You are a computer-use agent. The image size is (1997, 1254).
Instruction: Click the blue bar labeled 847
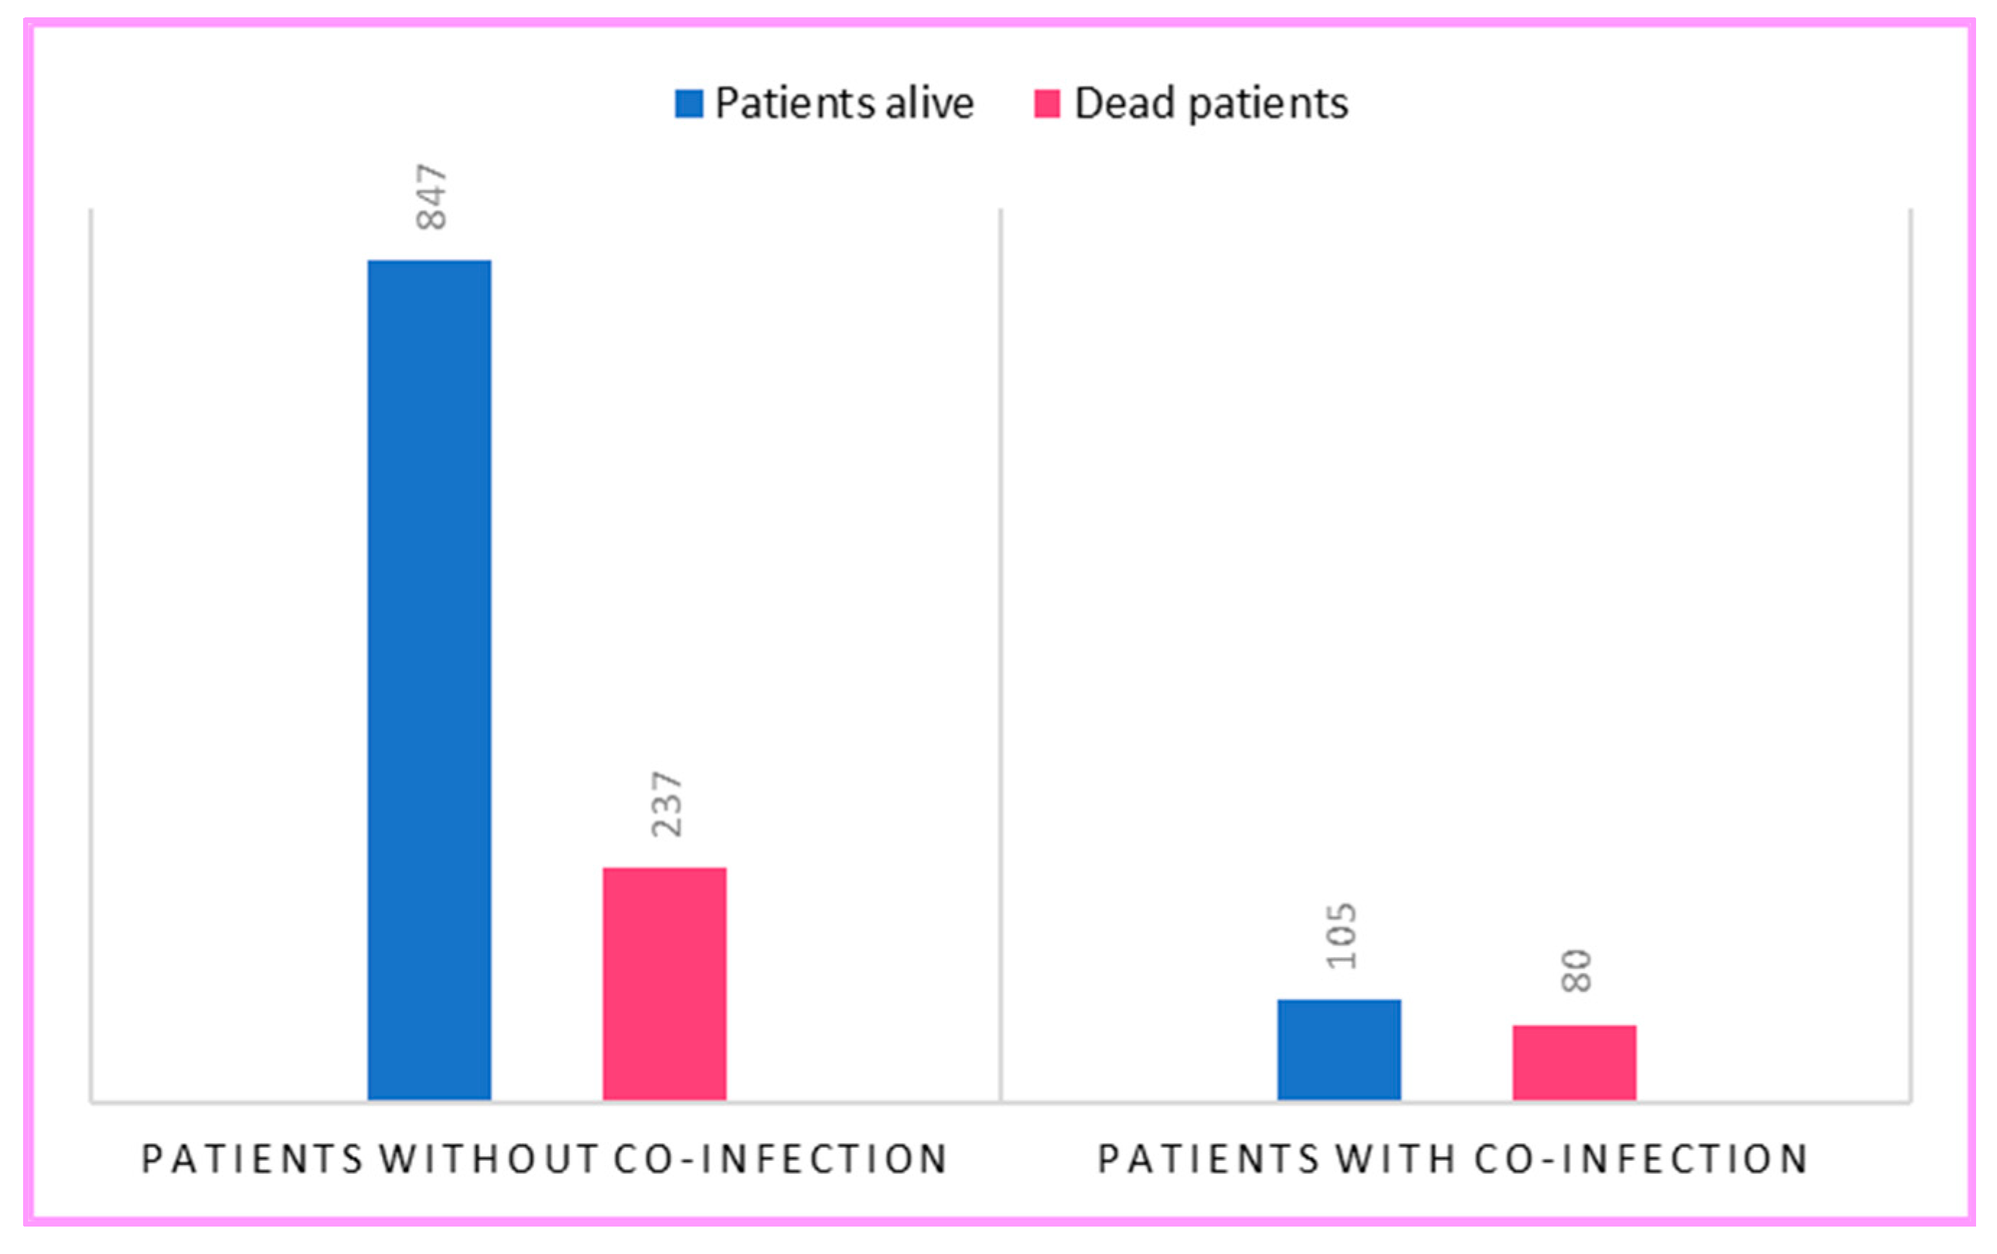(x=429, y=680)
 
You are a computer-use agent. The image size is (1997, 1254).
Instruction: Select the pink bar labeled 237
(x=664, y=985)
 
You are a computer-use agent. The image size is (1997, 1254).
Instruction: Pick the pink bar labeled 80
(x=1574, y=1063)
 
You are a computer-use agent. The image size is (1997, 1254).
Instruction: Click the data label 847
(x=432, y=196)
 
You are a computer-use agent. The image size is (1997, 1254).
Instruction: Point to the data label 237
(x=667, y=804)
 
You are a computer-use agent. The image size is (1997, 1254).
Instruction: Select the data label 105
(x=1341, y=936)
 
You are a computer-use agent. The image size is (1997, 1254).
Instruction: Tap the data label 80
(x=1575, y=971)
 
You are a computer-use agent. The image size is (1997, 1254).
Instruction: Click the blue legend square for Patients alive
(x=688, y=104)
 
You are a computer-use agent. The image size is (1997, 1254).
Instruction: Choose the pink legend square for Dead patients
(x=1047, y=104)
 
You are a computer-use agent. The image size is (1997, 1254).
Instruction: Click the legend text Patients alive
(x=843, y=104)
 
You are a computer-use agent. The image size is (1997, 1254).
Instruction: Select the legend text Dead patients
(x=1211, y=104)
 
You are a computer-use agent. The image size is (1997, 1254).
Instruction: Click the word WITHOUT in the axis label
(x=490, y=1159)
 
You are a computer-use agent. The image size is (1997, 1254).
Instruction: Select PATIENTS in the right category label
(x=1209, y=1159)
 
